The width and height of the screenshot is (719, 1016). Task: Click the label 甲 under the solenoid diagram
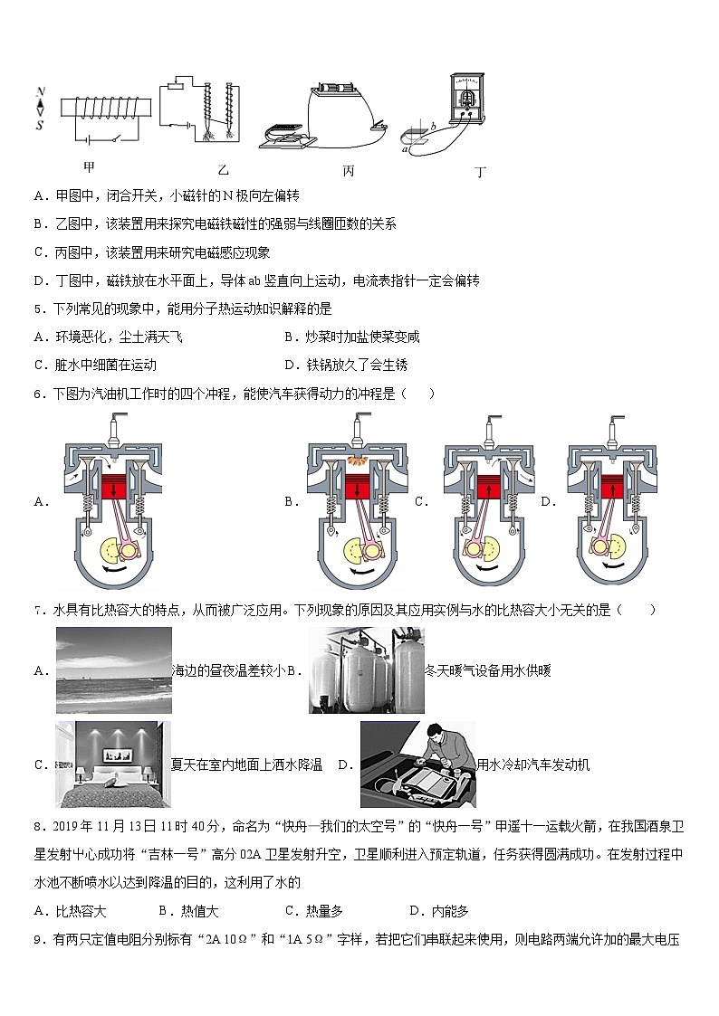coord(89,166)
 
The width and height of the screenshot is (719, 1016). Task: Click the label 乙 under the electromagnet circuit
coord(224,169)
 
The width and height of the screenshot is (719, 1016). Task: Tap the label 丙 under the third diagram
coord(349,169)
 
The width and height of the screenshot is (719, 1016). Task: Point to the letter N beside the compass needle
coord(40,92)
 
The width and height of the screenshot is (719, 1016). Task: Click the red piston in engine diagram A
coord(115,487)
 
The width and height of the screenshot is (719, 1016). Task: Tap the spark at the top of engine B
coord(359,462)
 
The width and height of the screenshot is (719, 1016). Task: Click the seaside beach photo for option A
coord(113,669)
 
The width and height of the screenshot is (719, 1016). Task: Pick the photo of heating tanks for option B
coord(366,669)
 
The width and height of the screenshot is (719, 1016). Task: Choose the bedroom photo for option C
coord(113,764)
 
